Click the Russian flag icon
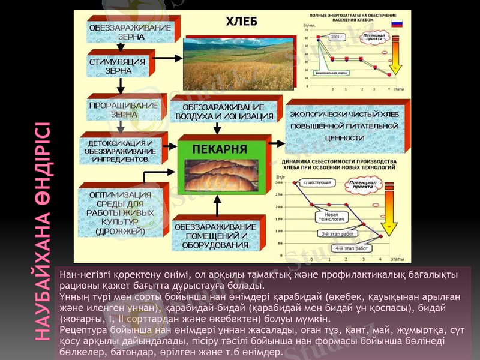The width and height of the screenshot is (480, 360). [396, 24]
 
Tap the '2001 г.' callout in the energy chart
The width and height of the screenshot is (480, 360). [338, 37]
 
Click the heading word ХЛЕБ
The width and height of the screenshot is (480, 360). [241, 22]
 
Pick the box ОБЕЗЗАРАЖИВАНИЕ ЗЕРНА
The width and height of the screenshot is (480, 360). [130, 32]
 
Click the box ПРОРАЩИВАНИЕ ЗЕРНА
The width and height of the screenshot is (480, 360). [124, 109]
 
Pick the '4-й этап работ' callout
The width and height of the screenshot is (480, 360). [352, 247]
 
